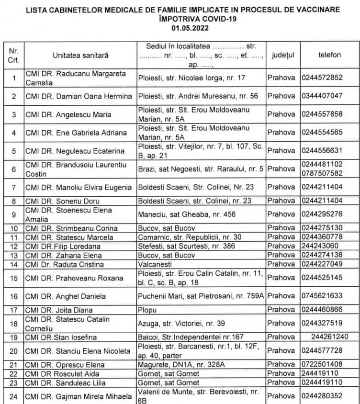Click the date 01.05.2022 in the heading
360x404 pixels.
[180, 28]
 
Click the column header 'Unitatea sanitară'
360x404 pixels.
[80, 55]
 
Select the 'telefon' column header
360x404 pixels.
[329, 55]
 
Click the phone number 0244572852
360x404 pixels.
[322, 78]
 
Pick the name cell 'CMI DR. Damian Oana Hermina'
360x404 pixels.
[79, 96]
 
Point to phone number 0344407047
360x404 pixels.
[322, 96]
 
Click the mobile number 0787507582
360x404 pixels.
[322, 173]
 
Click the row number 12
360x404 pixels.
[13, 246]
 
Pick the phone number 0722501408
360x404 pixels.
[322, 364]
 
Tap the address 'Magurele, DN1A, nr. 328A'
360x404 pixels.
[177, 364]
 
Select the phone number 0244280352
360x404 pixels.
[322, 396]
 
